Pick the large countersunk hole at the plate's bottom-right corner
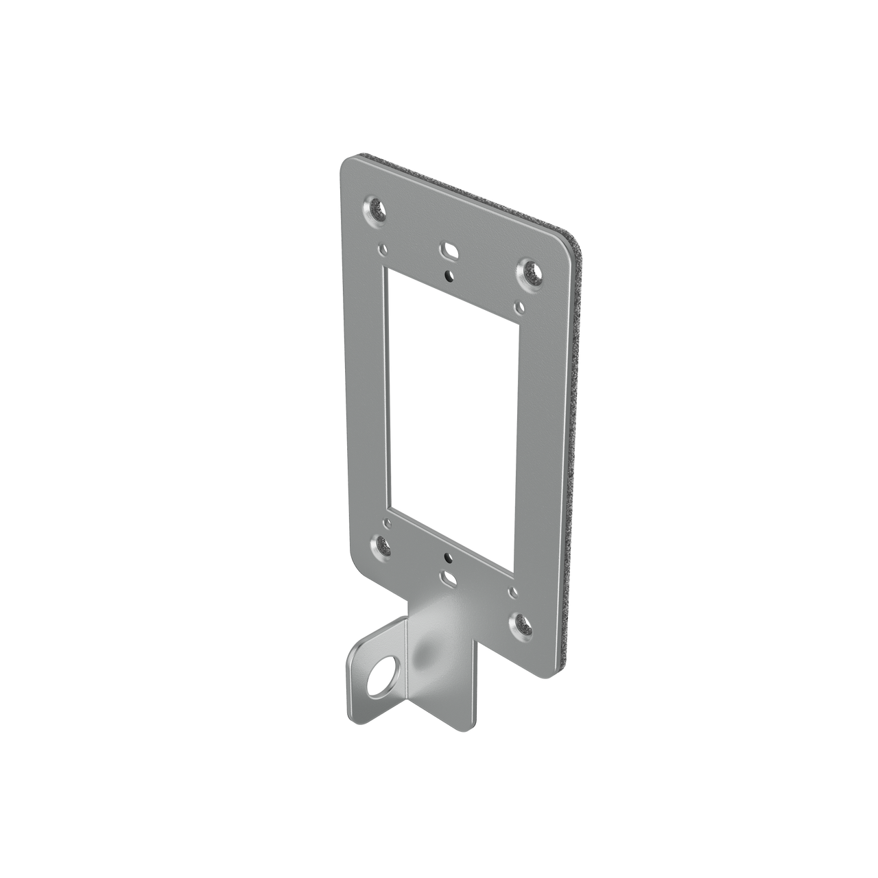[x=521, y=625]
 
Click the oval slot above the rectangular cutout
[x=450, y=252]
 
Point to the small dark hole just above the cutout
[x=448, y=276]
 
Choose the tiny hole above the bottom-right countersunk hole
[x=512, y=591]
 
